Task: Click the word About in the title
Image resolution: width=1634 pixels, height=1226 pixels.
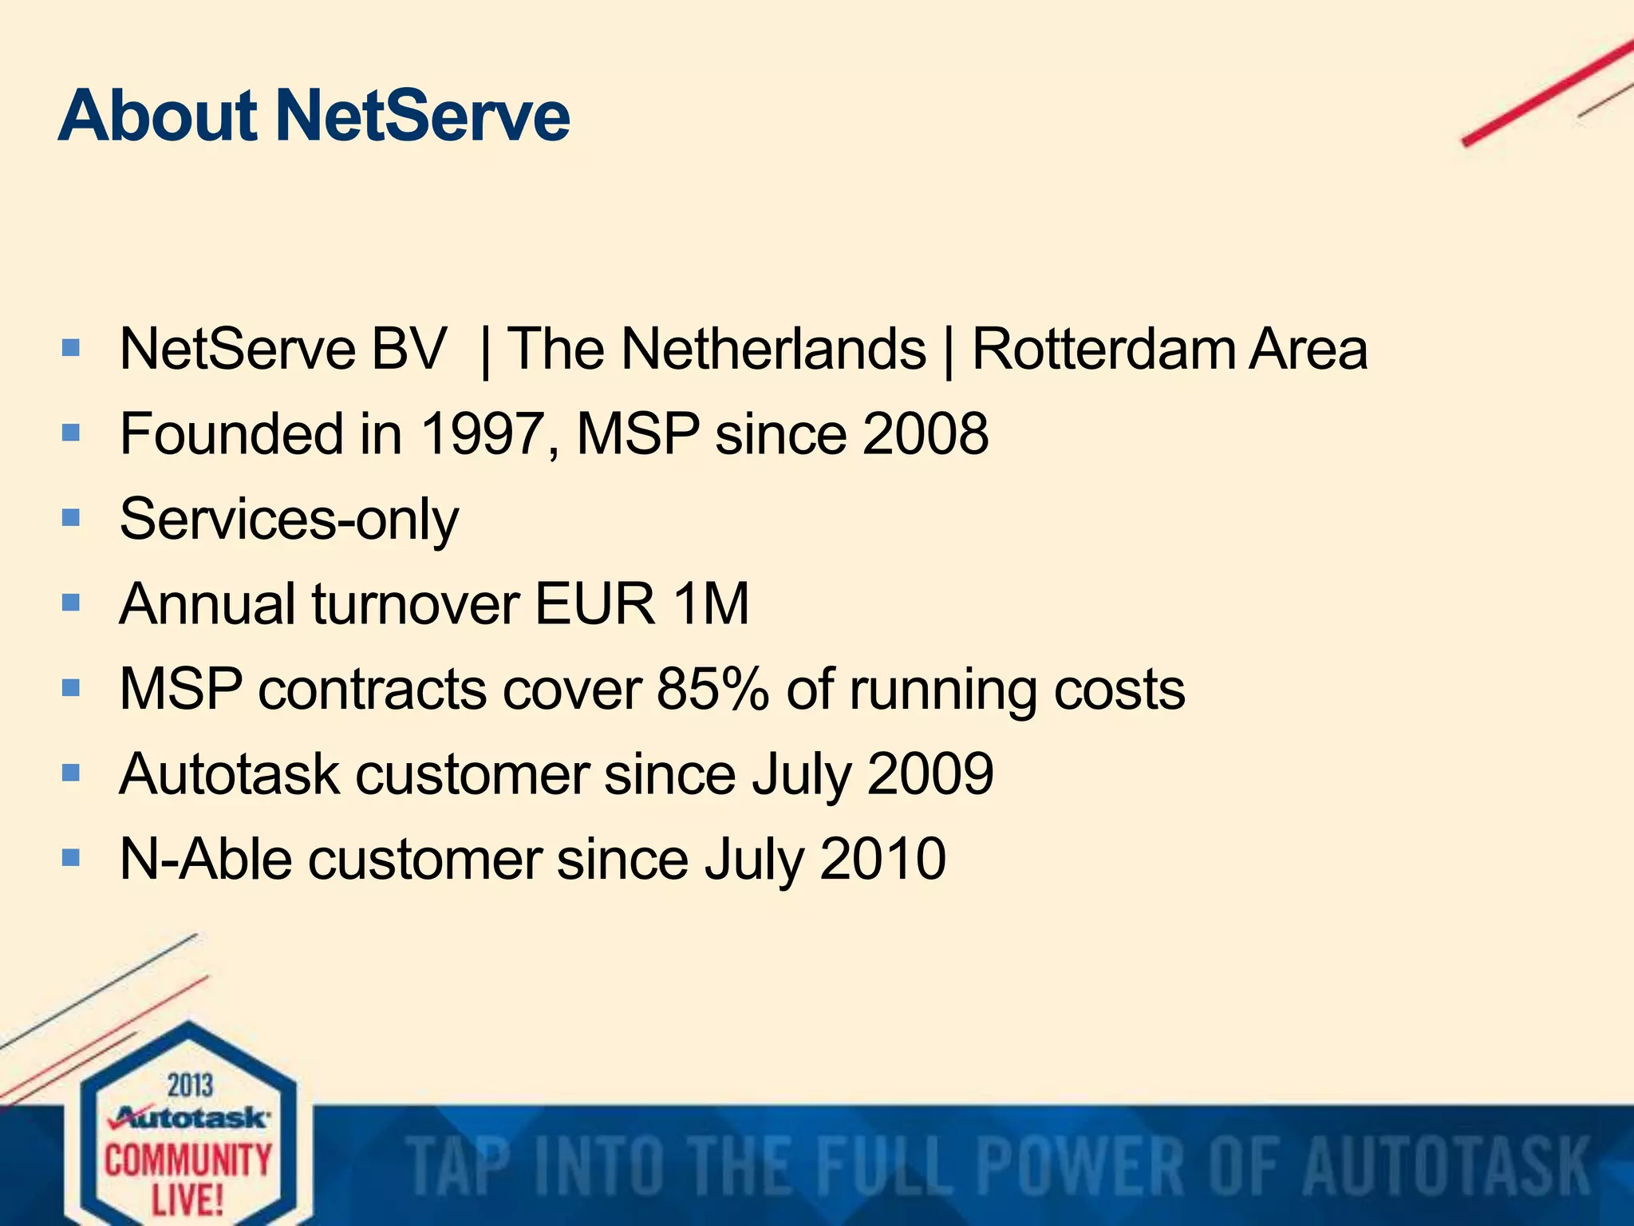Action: point(157,117)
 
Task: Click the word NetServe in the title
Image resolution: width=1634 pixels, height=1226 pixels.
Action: point(423,117)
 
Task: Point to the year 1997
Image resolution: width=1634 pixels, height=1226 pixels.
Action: point(481,434)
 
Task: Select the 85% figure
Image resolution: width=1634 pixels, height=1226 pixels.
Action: point(712,689)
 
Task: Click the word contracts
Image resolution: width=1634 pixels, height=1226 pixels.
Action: point(372,689)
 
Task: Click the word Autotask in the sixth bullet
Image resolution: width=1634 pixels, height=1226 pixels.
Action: point(229,773)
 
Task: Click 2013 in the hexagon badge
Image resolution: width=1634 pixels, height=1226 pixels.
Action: point(190,1086)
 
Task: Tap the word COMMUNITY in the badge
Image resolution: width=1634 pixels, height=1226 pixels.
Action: point(188,1160)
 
